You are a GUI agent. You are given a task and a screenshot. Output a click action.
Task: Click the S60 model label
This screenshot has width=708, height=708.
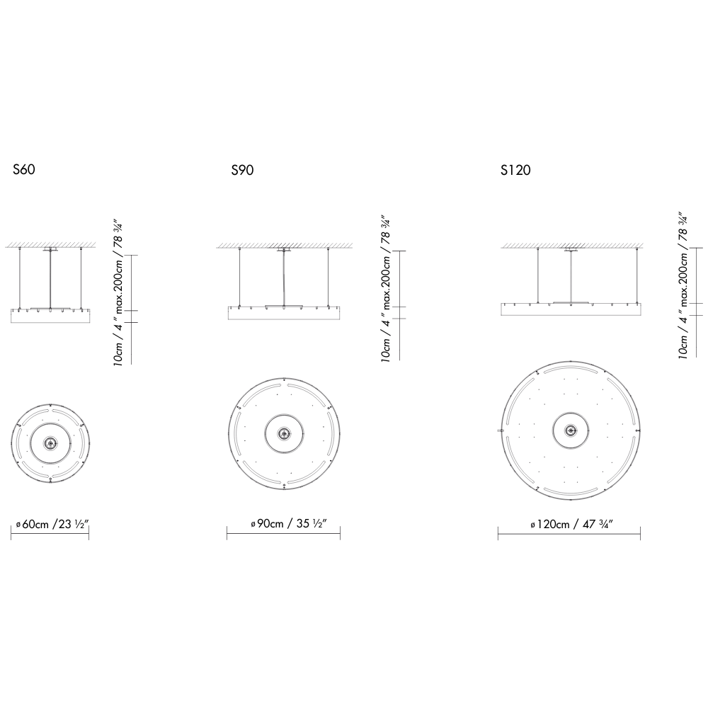[24, 169]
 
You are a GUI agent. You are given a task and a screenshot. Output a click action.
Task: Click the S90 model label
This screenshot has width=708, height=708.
[242, 170]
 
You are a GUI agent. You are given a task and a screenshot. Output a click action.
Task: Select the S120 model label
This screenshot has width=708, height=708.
[515, 170]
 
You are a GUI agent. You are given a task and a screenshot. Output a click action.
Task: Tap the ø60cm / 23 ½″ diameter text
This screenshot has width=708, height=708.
[52, 524]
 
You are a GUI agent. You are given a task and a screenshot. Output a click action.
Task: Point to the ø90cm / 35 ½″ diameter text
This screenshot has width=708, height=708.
[289, 523]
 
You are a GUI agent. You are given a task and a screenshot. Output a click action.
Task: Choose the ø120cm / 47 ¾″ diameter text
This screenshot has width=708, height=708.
[571, 524]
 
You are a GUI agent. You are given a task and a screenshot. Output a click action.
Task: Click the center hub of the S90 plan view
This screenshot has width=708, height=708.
[284, 433]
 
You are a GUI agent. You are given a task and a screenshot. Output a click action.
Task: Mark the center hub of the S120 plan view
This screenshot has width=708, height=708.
[571, 430]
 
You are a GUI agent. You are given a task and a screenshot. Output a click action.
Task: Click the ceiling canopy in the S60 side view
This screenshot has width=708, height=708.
[50, 249]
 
